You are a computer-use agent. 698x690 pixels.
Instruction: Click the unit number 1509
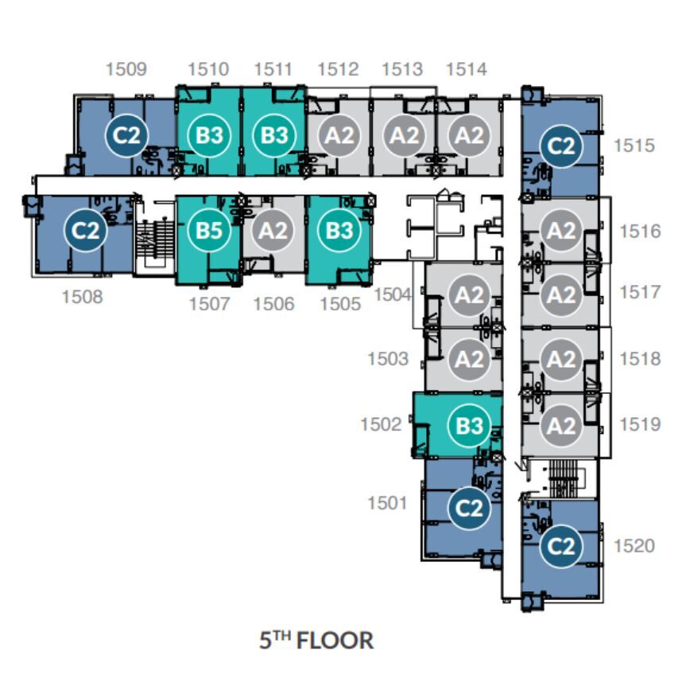click(126, 69)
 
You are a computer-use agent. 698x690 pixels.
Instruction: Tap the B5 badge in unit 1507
click(209, 231)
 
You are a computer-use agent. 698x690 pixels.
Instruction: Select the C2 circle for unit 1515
click(561, 146)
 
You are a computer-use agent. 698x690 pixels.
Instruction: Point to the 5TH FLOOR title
click(316, 641)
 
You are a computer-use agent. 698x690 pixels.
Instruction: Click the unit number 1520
click(634, 546)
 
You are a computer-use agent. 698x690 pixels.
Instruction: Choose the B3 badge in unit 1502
click(469, 426)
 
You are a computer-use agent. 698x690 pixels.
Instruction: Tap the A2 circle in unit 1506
click(273, 231)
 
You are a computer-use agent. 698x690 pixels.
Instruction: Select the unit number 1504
click(392, 294)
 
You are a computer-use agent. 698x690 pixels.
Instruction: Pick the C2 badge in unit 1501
click(469, 508)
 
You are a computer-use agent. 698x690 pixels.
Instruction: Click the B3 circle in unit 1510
click(209, 135)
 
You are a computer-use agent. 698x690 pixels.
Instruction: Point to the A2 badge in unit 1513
click(404, 135)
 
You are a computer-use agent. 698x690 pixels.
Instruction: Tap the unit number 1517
click(640, 292)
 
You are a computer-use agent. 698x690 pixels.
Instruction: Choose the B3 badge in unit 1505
click(339, 231)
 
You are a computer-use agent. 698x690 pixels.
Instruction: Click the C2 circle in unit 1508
click(86, 231)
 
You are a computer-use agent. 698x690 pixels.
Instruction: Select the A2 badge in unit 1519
click(561, 426)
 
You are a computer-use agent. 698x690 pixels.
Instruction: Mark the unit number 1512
click(338, 69)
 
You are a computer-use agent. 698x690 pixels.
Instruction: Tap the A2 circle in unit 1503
click(469, 359)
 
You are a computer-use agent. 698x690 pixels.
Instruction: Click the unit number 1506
click(273, 304)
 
